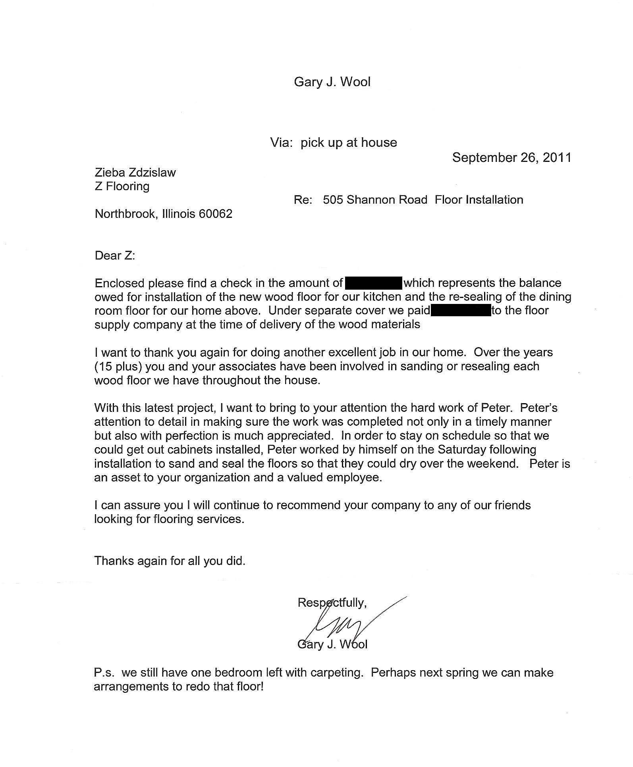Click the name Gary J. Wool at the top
pyautogui.click(x=332, y=82)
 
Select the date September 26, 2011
pyautogui.click(x=511, y=158)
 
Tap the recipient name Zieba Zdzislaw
pyautogui.click(x=135, y=173)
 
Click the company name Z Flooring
pyautogui.click(x=122, y=186)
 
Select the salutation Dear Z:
pyautogui.click(x=115, y=255)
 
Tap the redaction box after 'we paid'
pyautogui.click(x=461, y=311)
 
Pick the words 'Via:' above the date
pyautogui.click(x=282, y=143)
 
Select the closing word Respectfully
pyautogui.click(x=331, y=603)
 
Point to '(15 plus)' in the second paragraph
pyautogui.click(x=118, y=366)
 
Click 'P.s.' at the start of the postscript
pyautogui.click(x=104, y=673)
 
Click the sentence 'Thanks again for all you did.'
pyautogui.click(x=170, y=561)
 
